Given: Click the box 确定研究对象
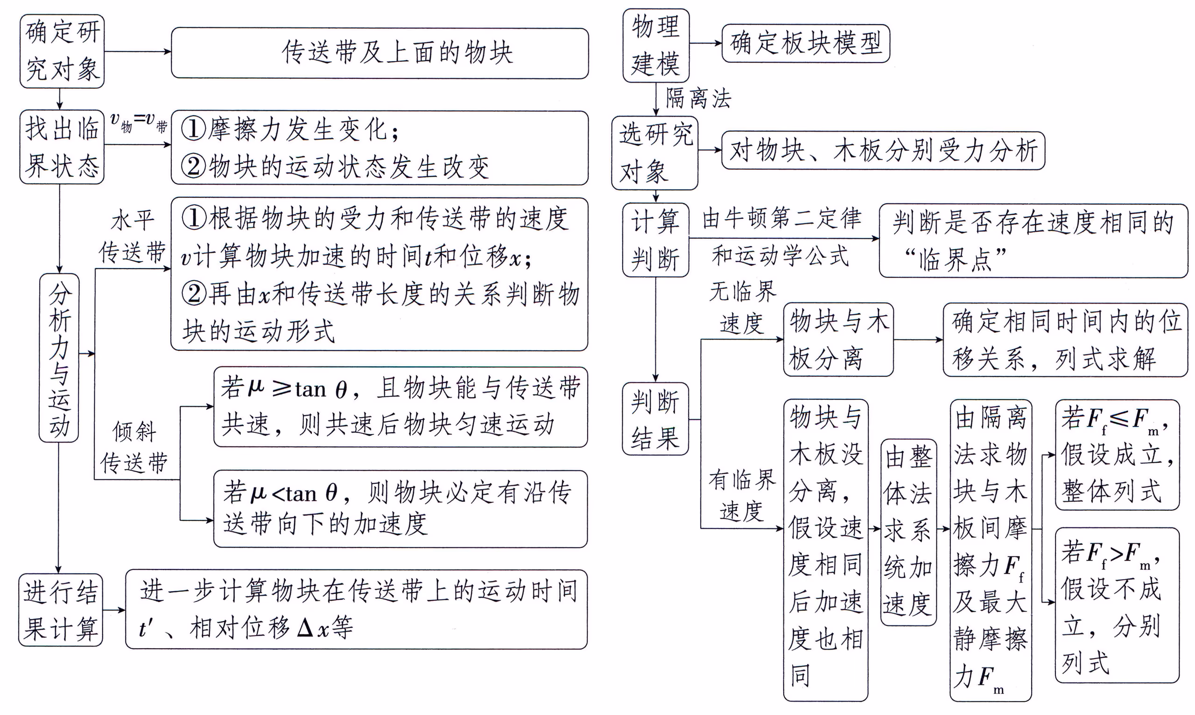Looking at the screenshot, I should click(x=62, y=51).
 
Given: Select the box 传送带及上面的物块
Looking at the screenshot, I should click(x=380, y=53).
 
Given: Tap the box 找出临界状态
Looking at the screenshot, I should click(x=62, y=147).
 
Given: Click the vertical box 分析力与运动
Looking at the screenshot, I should click(x=59, y=357).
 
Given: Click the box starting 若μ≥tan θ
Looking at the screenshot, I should click(x=400, y=407).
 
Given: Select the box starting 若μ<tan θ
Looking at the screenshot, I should click(x=400, y=509).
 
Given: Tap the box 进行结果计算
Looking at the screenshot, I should click(x=61, y=610).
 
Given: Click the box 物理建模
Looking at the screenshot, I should click(x=655, y=45).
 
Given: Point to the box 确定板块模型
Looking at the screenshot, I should click(x=805, y=43).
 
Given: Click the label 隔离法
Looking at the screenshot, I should click(x=698, y=99).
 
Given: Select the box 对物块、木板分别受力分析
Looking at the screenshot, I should click(x=883, y=150).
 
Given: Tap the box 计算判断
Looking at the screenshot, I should click(x=655, y=240).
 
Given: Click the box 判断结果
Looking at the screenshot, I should click(x=655, y=419).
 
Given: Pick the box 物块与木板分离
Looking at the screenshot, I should click(x=838, y=340).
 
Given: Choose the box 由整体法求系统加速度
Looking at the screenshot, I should click(x=908, y=532).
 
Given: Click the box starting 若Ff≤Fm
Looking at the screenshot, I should click(x=1117, y=454).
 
